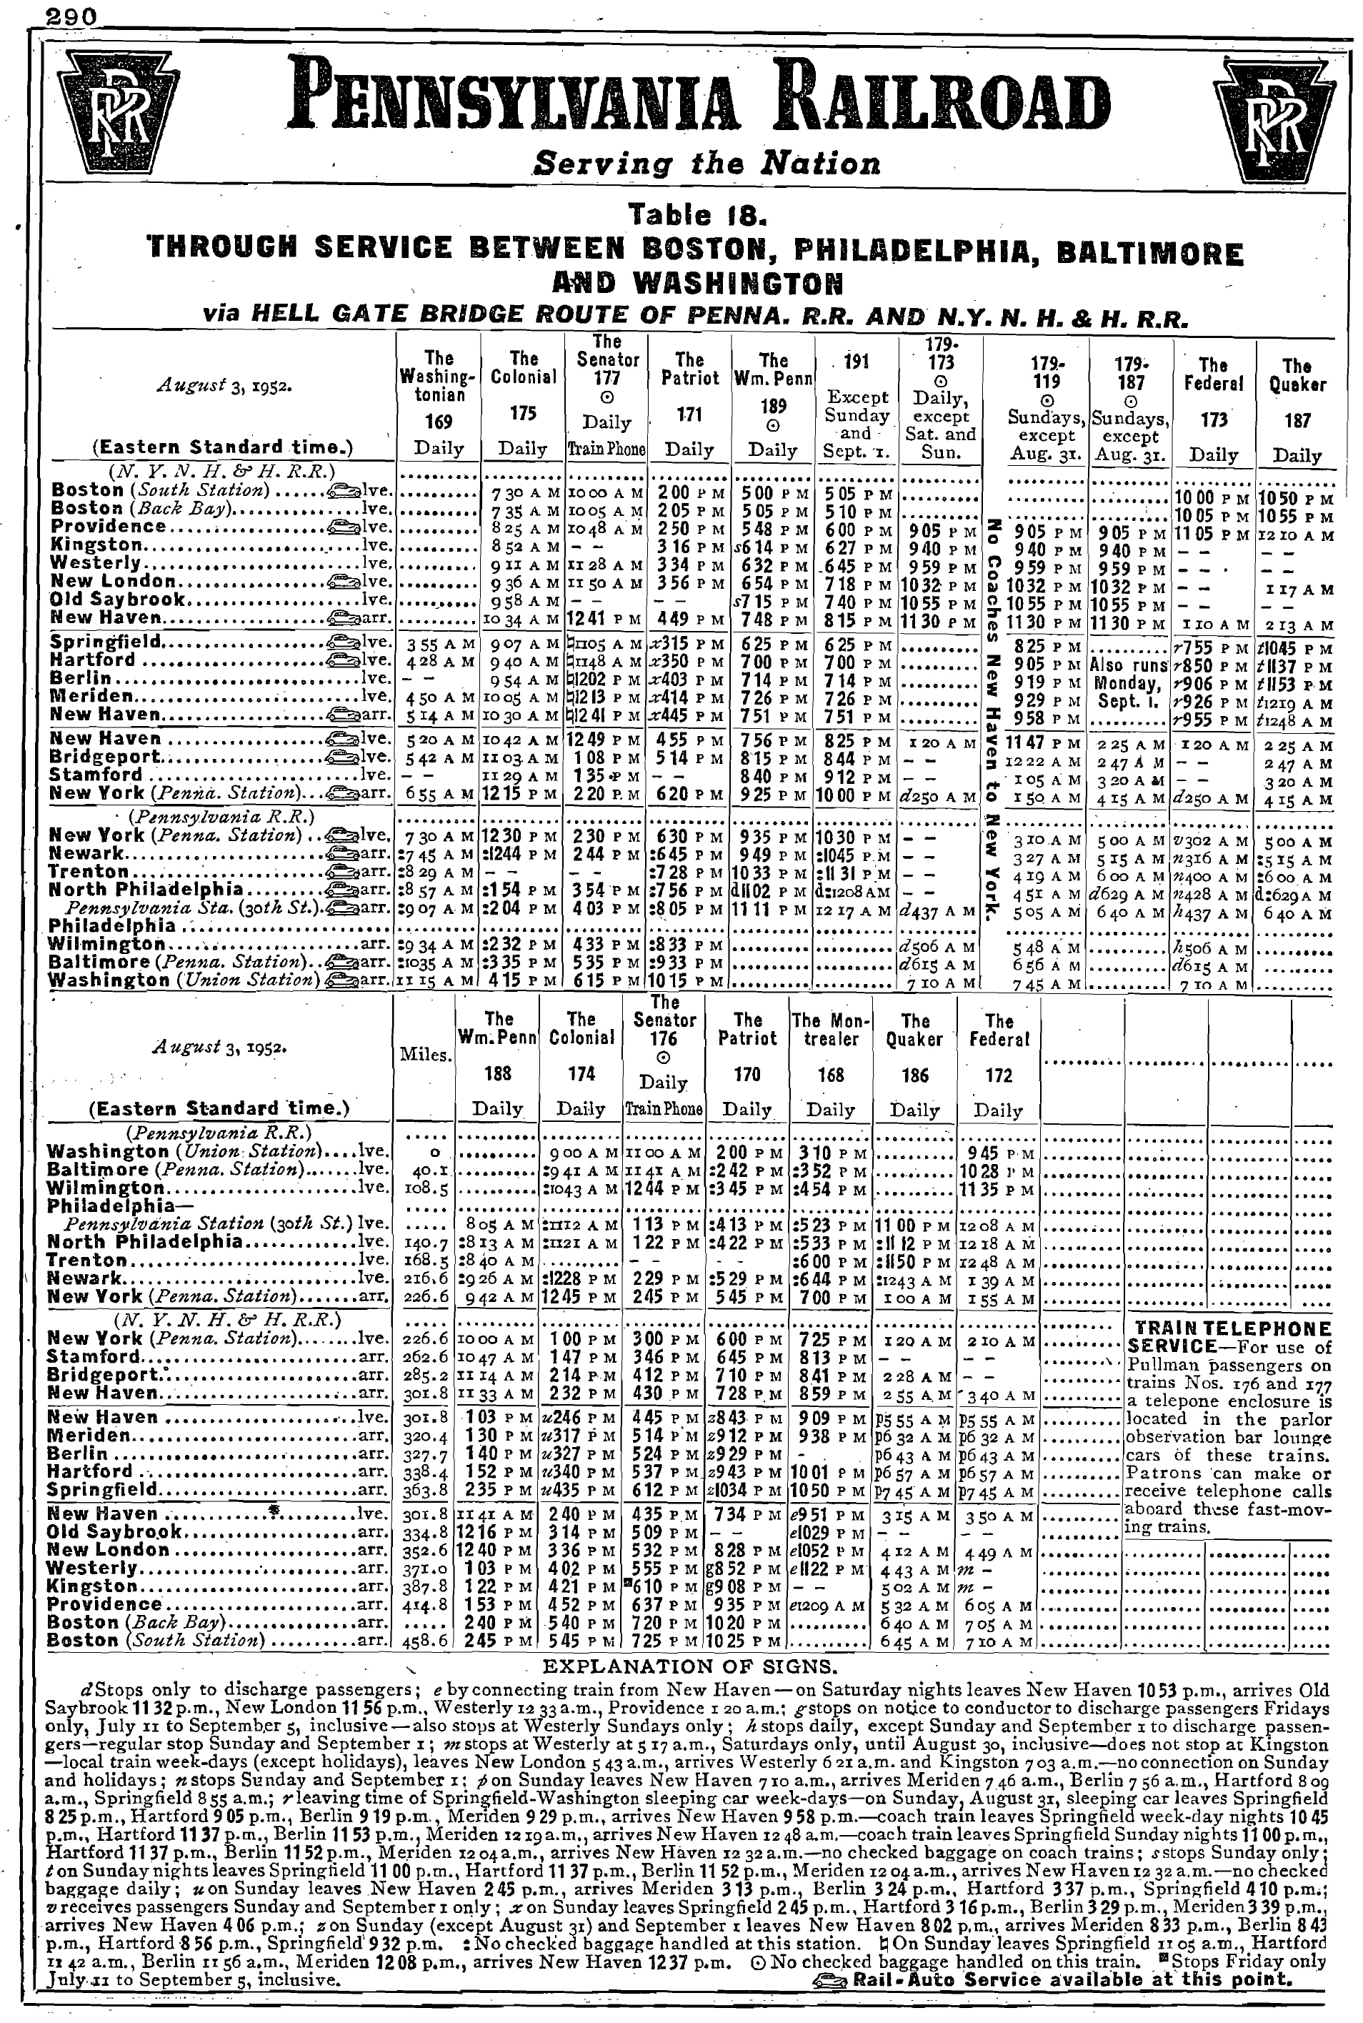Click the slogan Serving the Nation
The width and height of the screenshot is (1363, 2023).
coord(706,164)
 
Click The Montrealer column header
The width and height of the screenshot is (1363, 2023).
coord(831,1030)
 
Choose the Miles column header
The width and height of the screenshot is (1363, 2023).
coord(425,1055)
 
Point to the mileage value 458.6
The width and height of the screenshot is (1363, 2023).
coord(425,1641)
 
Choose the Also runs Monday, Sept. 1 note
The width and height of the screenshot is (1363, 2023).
coord(1130,682)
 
